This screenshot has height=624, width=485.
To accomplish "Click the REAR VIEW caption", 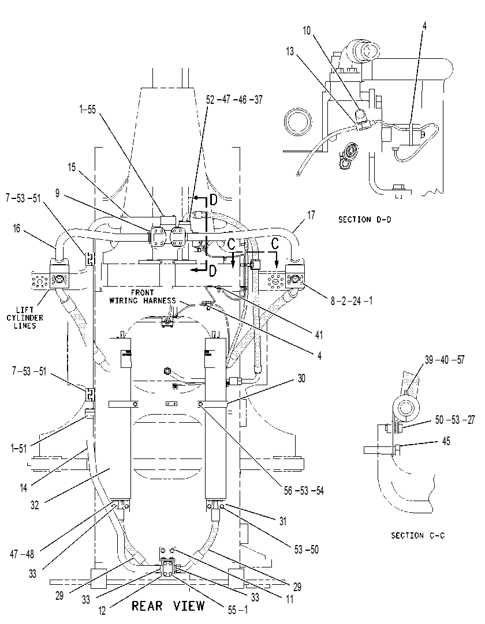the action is (168, 606).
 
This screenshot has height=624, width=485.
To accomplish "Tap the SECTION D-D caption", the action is (365, 219).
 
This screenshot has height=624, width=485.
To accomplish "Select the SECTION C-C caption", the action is (417, 536).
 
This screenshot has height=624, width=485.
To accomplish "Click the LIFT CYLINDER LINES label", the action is (25, 318).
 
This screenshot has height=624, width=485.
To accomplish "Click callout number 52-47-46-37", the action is (234, 100).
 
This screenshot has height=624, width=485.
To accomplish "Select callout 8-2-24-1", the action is (352, 301).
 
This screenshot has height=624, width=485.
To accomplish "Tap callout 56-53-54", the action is (304, 491).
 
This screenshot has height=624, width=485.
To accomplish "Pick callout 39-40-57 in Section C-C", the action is (445, 360).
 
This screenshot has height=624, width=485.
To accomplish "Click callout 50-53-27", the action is (455, 420).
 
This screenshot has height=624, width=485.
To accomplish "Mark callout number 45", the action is (446, 441).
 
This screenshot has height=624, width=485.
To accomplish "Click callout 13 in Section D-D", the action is (290, 51).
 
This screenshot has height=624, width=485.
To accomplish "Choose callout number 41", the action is (319, 335).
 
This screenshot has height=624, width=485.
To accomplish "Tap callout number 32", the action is (35, 505).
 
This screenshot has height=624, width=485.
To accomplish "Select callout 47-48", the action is (22, 554).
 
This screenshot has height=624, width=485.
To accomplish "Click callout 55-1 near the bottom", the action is (237, 610).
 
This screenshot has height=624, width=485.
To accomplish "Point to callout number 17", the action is (311, 215).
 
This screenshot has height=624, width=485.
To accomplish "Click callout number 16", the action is (16, 229).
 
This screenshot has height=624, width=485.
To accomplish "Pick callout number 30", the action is (301, 378).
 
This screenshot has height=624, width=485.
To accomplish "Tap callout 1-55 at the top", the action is (87, 110).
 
